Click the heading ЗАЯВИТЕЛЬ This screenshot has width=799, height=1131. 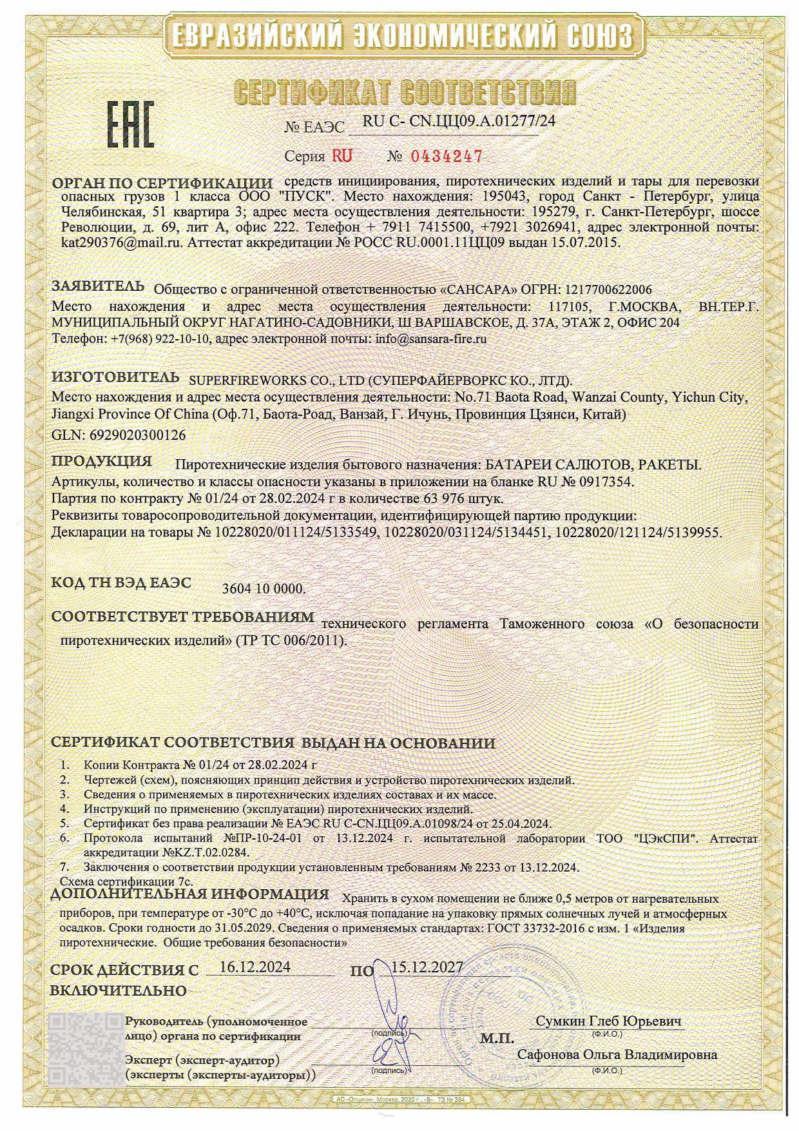coord(98,286)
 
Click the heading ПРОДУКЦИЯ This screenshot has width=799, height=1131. coord(102,462)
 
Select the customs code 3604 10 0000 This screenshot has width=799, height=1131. coord(264,589)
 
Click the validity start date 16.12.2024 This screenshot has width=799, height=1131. coord(255,967)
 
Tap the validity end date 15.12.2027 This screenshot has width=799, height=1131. coord(427,967)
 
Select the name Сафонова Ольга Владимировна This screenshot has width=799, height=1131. coord(617,1055)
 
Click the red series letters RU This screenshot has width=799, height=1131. coord(342,156)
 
